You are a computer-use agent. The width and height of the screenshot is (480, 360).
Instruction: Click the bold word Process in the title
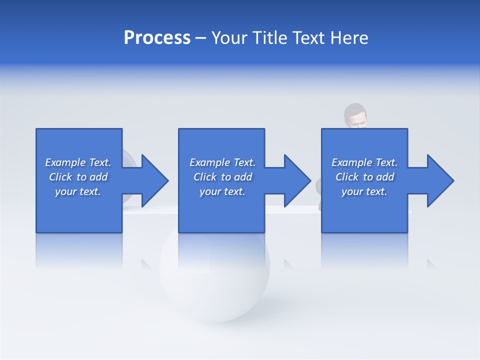tap(157, 38)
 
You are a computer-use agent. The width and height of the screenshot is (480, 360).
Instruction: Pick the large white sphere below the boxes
tap(215, 280)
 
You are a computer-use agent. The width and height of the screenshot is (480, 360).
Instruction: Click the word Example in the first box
tap(65, 162)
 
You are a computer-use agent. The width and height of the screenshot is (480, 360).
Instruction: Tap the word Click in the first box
tap(60, 177)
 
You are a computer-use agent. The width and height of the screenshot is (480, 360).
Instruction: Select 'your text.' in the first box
tap(78, 191)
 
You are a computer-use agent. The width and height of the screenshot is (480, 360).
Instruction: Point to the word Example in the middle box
tap(209, 162)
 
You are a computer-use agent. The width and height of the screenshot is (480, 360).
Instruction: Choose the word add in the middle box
tap(243, 177)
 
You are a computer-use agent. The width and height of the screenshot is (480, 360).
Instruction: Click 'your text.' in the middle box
tap(222, 191)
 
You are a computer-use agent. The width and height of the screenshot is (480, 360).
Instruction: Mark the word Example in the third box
tap(351, 162)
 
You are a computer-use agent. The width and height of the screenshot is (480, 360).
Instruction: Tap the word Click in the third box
tap(347, 177)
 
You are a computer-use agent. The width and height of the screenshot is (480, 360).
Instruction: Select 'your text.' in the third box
tap(364, 191)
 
